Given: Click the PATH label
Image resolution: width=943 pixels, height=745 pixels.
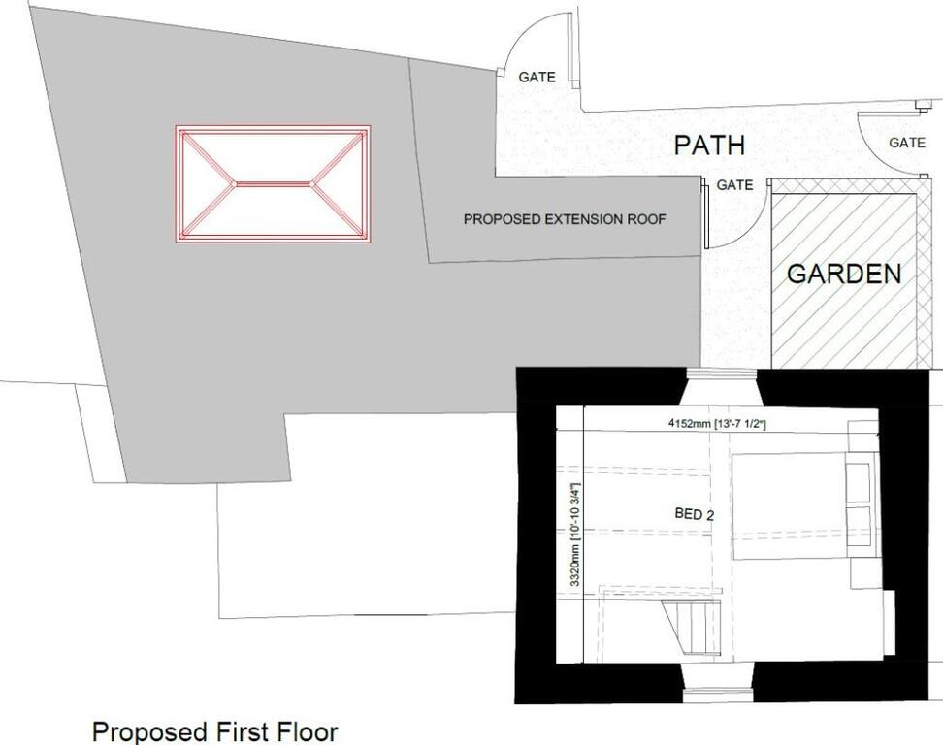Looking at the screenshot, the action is pos(709,145).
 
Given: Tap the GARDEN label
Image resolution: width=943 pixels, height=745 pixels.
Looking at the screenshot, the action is pos(844,275).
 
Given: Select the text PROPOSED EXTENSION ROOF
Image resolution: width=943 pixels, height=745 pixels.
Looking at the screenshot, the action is pos(564,219).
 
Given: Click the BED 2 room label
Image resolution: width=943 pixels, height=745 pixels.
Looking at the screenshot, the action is pos(694,514).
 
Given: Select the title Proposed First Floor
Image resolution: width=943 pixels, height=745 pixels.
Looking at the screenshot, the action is pos(214,731).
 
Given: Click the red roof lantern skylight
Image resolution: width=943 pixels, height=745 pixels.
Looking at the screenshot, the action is pos(273,184).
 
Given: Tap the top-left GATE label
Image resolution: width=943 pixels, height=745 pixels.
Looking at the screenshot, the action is pos(537,77).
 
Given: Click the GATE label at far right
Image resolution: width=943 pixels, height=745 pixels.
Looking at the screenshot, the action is pos(907,143).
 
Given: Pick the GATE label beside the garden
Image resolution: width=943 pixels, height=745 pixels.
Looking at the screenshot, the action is pos(734,184).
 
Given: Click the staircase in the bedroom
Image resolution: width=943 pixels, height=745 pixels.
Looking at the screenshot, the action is pos(691,627).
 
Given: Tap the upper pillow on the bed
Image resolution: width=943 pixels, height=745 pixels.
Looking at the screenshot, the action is pos(859,482).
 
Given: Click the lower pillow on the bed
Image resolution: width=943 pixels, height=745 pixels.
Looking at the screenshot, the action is pos(859,526).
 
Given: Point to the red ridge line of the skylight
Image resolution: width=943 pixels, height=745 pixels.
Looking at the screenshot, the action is pos(273,183).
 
